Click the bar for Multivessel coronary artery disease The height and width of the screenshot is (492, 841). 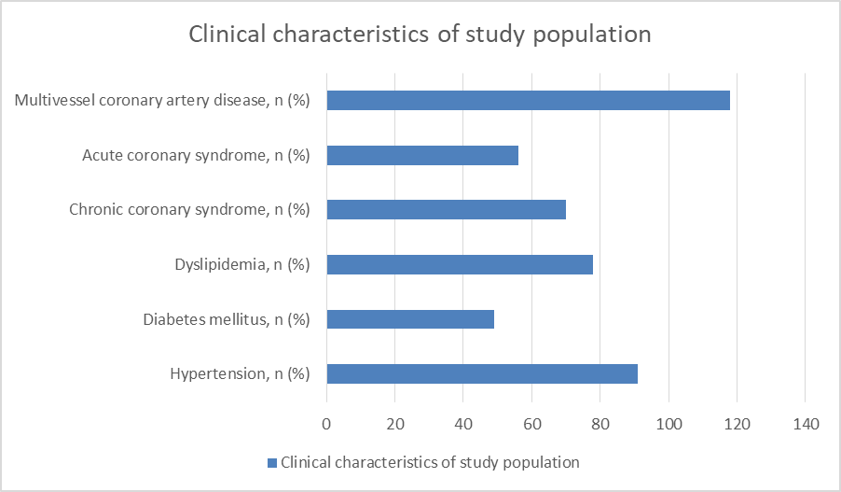pos(529,101)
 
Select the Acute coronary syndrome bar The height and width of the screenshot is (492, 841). pos(422,155)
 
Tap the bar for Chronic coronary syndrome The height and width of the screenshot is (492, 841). pos(447,209)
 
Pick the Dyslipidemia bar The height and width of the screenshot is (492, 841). pos(460,264)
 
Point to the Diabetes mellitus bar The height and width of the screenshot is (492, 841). pos(410,319)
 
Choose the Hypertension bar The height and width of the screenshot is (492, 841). pos(482,373)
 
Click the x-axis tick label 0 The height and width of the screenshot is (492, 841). pos(326,425)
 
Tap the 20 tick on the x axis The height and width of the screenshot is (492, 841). pos(395,425)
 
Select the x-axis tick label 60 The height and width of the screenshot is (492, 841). pos(532,425)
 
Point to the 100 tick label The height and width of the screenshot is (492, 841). pos(669,425)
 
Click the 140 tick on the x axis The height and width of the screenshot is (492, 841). pos(806,425)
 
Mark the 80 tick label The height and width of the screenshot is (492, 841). pos(600,425)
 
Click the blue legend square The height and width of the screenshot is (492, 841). pos(272,463)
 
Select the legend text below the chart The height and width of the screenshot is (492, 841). pos(430,462)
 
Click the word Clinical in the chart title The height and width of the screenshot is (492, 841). pos(227,34)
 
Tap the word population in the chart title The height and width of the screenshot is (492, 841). pos(592,35)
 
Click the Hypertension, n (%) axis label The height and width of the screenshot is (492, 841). pos(240,373)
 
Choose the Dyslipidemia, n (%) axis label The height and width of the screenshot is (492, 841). pos(242,265)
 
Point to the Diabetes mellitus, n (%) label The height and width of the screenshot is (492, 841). pos(227,319)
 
